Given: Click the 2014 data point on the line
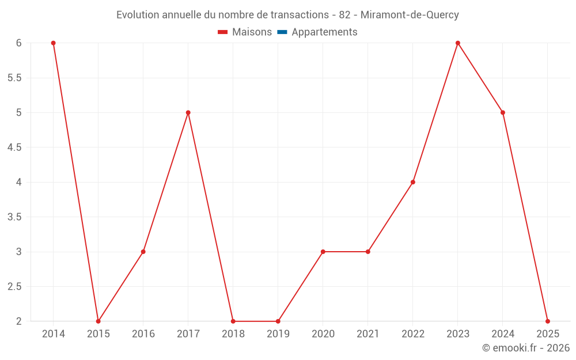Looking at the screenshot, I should click(54, 43).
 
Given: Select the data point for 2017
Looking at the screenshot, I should click(188, 112).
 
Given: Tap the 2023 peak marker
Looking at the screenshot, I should click(458, 43).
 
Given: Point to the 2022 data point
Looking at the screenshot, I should click(413, 182).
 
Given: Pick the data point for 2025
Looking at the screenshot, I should click(548, 321).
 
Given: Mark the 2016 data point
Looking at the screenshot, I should click(143, 252).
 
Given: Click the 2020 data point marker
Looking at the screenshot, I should click(323, 252).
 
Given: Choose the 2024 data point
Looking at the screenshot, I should click(503, 112).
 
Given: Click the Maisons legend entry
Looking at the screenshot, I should click(252, 32).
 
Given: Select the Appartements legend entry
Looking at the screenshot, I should click(324, 32).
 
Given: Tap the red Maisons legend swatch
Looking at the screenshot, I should click(223, 32).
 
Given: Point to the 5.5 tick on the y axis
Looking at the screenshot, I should click(14, 78).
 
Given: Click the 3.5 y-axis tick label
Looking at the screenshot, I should click(14, 217).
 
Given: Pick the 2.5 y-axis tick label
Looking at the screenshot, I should click(14, 286).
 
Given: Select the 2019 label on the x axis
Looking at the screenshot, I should click(278, 334).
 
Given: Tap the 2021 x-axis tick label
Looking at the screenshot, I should click(368, 334).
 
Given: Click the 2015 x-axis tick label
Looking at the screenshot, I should click(98, 334).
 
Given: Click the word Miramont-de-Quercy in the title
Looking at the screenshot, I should click(410, 15).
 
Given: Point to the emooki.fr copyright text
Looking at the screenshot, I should click(526, 348).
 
